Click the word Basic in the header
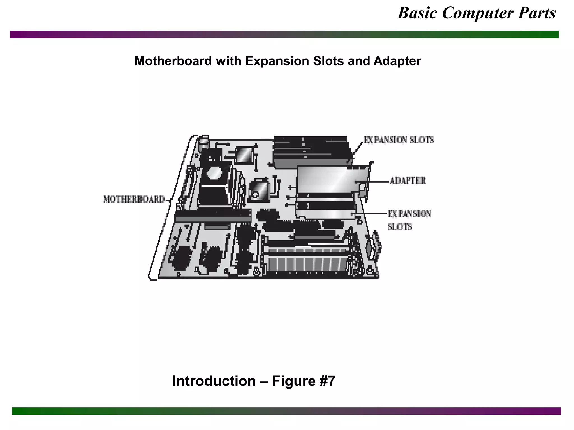pos(417,13)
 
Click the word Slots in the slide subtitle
pos(328,61)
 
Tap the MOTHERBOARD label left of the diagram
pos(134,199)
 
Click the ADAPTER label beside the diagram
pos(408,181)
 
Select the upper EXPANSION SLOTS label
pos(399,140)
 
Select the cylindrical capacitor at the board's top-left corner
pos(204,143)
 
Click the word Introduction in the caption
pos(214,381)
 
